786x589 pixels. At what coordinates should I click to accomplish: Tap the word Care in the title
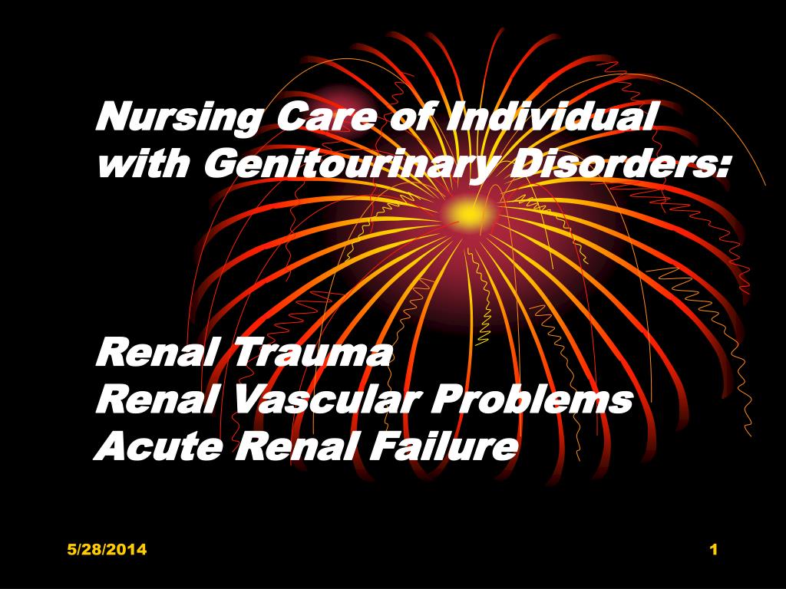tap(326, 117)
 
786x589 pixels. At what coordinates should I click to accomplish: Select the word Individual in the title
tap(550, 117)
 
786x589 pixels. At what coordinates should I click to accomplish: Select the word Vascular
tap(325, 399)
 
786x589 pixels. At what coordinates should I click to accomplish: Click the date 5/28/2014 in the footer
tap(107, 549)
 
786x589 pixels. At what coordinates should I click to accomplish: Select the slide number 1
tap(714, 549)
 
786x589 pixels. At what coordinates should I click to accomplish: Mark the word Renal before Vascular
tap(157, 399)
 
